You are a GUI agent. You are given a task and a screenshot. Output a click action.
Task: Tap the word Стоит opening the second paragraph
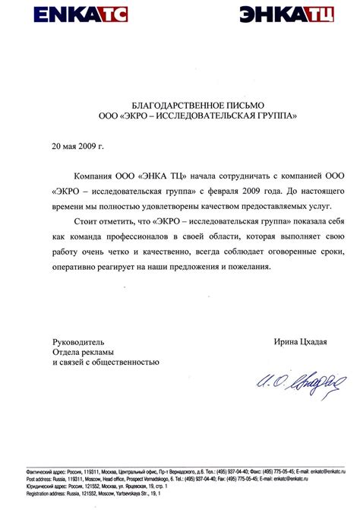coord(88,222)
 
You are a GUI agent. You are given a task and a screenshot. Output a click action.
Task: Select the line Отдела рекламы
coord(83,353)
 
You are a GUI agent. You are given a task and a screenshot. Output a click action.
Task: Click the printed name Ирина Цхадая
coord(300,342)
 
